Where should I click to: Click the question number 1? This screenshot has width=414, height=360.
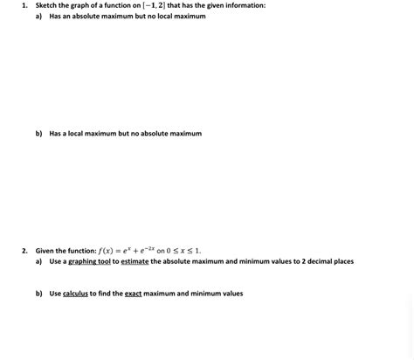pyautogui.click(x=25, y=5)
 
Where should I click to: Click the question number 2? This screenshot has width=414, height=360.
pyautogui.click(x=25, y=251)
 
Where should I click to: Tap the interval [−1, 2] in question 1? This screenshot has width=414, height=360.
pyautogui.click(x=155, y=5)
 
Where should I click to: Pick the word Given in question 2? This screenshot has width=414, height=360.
pyautogui.click(x=45, y=251)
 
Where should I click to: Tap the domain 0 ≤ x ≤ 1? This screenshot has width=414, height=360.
pyautogui.click(x=183, y=251)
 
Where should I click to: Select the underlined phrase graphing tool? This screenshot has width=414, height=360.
pyautogui.click(x=89, y=261)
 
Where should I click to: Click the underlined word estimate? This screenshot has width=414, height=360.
pyautogui.click(x=135, y=261)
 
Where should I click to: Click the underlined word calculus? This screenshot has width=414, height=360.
pyautogui.click(x=75, y=294)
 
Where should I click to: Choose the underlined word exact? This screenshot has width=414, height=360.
pyautogui.click(x=133, y=294)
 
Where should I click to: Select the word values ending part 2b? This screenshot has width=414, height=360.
pyautogui.click(x=231, y=294)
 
